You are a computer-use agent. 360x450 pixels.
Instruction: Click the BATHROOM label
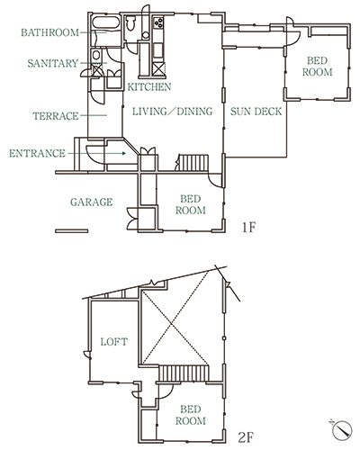(x=49, y=32)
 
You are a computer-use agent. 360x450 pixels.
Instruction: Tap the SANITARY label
(x=53, y=63)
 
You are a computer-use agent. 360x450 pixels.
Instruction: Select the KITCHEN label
(x=149, y=87)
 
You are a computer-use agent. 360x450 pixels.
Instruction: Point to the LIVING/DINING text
(x=173, y=112)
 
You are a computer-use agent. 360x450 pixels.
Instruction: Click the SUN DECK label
(x=256, y=112)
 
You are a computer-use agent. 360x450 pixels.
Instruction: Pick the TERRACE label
(x=56, y=116)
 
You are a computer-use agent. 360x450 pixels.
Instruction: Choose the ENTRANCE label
(x=37, y=154)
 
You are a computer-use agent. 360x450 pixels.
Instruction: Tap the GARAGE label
(x=92, y=202)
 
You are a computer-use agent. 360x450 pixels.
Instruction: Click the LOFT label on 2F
(x=114, y=342)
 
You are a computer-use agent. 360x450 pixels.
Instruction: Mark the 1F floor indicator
(x=248, y=228)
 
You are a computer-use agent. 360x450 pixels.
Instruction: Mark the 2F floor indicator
(x=246, y=438)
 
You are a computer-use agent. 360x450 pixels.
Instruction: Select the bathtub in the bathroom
(x=105, y=22)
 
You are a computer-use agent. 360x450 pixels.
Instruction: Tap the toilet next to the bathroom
(x=130, y=22)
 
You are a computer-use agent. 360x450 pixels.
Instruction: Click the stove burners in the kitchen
(x=158, y=22)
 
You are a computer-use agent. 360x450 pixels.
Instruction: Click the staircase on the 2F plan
(x=184, y=373)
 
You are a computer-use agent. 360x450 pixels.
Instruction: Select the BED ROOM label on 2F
(x=191, y=415)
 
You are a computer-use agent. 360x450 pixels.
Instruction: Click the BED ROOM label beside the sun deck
(x=317, y=67)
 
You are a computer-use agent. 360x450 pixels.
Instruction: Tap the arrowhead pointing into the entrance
(x=123, y=154)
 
